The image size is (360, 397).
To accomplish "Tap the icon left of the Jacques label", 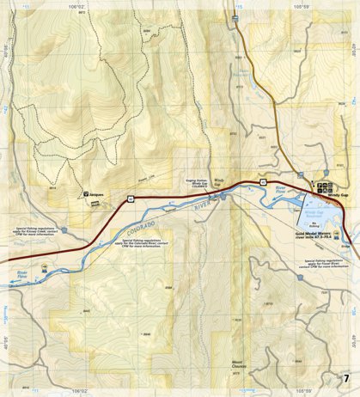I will coord(86,195).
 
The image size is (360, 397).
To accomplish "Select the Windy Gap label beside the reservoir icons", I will coord(339,196).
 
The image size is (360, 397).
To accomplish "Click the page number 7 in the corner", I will coord(345,379).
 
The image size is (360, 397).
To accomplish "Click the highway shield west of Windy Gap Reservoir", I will coord(262,183).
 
